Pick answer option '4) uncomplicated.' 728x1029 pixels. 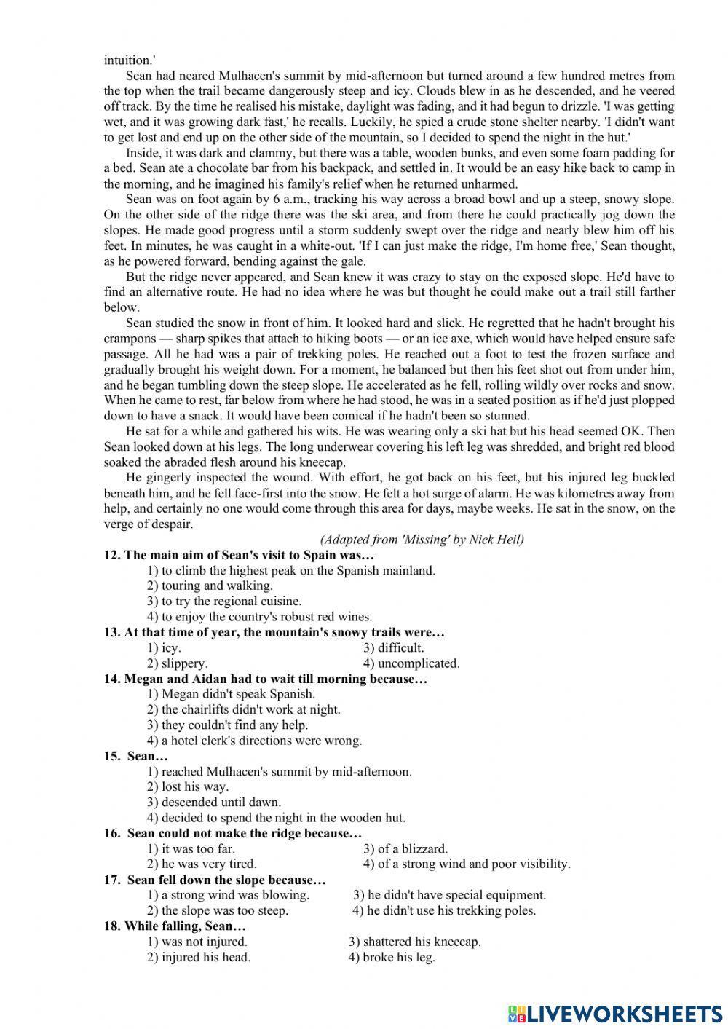tap(411, 663)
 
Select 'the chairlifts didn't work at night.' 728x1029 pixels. tap(243, 709)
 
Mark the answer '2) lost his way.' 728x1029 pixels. tap(188, 786)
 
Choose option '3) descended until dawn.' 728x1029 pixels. tap(214, 802)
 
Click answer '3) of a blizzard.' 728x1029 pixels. tap(405, 848)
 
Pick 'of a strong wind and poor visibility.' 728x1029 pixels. tap(467, 864)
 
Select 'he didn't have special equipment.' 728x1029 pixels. tap(449, 895)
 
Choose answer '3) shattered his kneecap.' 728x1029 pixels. tap(414, 942)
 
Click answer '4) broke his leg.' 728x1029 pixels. tap(392, 957)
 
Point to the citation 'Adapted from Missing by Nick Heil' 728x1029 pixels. tap(422, 540)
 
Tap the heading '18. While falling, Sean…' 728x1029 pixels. tap(175, 926)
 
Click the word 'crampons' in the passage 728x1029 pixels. tap(130, 339)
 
